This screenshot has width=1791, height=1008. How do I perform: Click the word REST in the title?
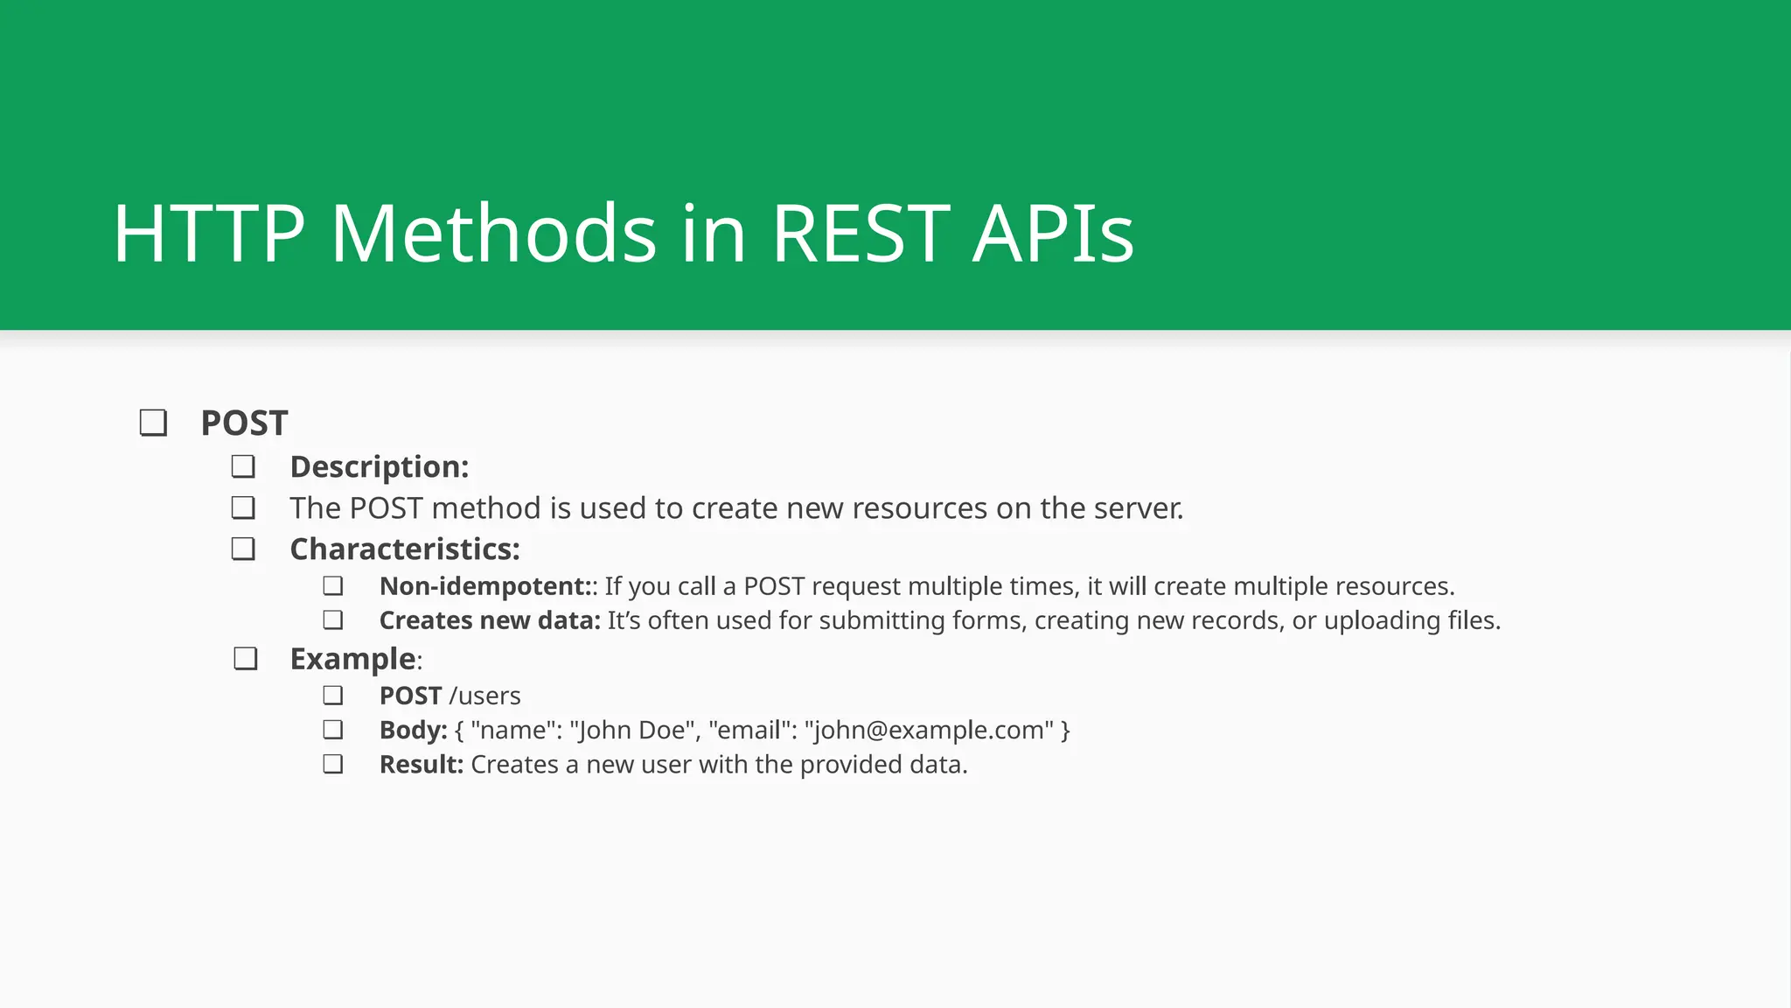click(861, 234)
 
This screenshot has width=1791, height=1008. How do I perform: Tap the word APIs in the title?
click(1053, 234)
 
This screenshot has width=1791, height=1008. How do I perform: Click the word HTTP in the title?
click(209, 234)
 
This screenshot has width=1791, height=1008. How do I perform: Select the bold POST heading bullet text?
click(244, 423)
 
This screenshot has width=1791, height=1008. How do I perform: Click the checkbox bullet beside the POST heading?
click(154, 423)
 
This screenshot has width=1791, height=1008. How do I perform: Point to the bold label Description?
click(380, 467)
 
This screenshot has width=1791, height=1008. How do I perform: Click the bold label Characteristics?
click(405, 549)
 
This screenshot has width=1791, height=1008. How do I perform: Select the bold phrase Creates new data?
click(490, 620)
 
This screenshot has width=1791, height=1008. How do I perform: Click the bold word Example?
click(352, 659)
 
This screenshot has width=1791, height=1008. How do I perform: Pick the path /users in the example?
click(484, 696)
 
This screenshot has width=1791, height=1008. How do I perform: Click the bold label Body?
click(414, 730)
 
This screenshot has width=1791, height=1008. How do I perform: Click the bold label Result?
click(421, 765)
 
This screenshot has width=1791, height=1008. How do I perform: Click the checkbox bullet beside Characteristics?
click(243, 549)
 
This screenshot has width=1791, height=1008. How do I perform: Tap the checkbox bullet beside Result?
click(332, 765)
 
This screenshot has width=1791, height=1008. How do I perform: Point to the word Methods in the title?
click(493, 234)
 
